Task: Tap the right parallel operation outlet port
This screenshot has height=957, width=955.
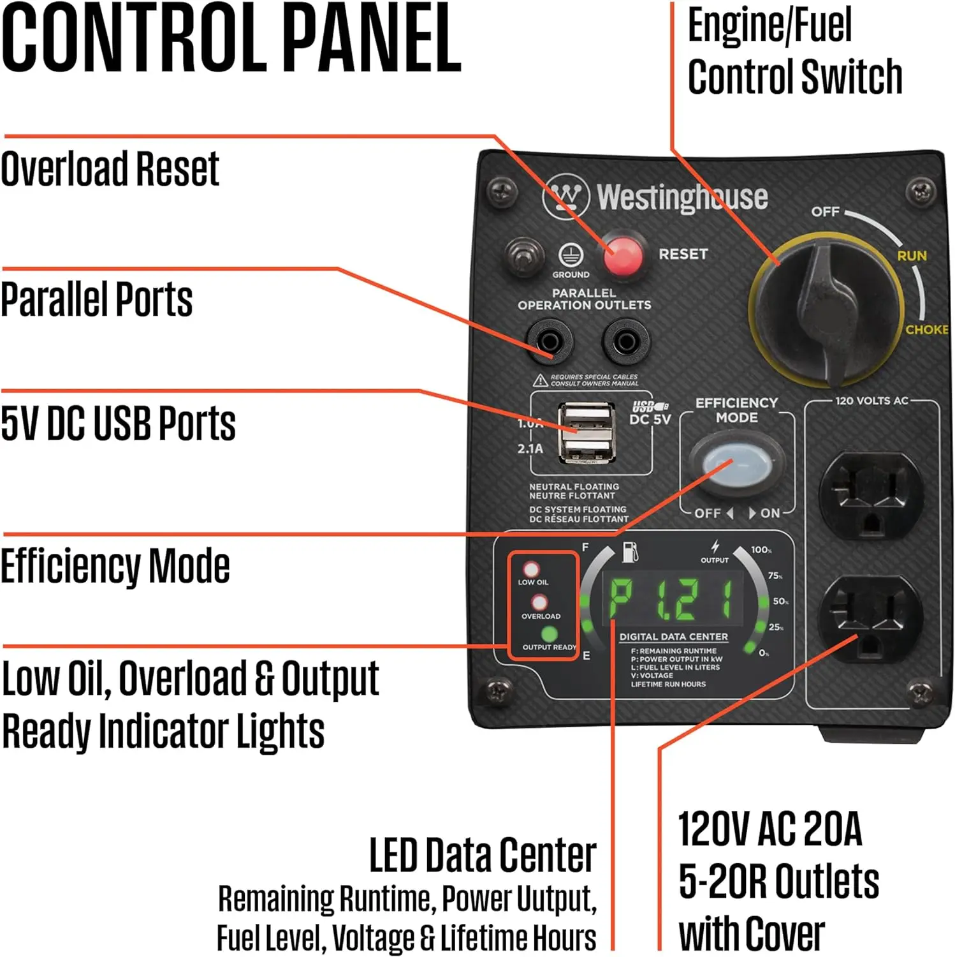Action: (626, 342)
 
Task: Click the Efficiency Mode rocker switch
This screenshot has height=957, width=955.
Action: (736, 463)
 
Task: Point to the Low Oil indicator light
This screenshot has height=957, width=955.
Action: (531, 569)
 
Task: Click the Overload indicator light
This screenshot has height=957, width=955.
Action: (539, 602)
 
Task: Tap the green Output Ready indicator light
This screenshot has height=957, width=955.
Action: (549, 634)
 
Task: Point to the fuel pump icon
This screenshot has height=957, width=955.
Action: (629, 552)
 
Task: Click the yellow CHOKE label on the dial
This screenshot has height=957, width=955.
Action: (926, 329)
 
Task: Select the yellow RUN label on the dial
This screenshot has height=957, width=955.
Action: (912, 256)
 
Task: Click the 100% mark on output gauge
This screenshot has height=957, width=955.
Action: (761, 550)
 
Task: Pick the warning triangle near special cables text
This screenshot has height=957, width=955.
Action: (541, 381)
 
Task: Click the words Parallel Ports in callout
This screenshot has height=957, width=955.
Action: (97, 299)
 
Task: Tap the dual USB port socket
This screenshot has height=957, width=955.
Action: (587, 433)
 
